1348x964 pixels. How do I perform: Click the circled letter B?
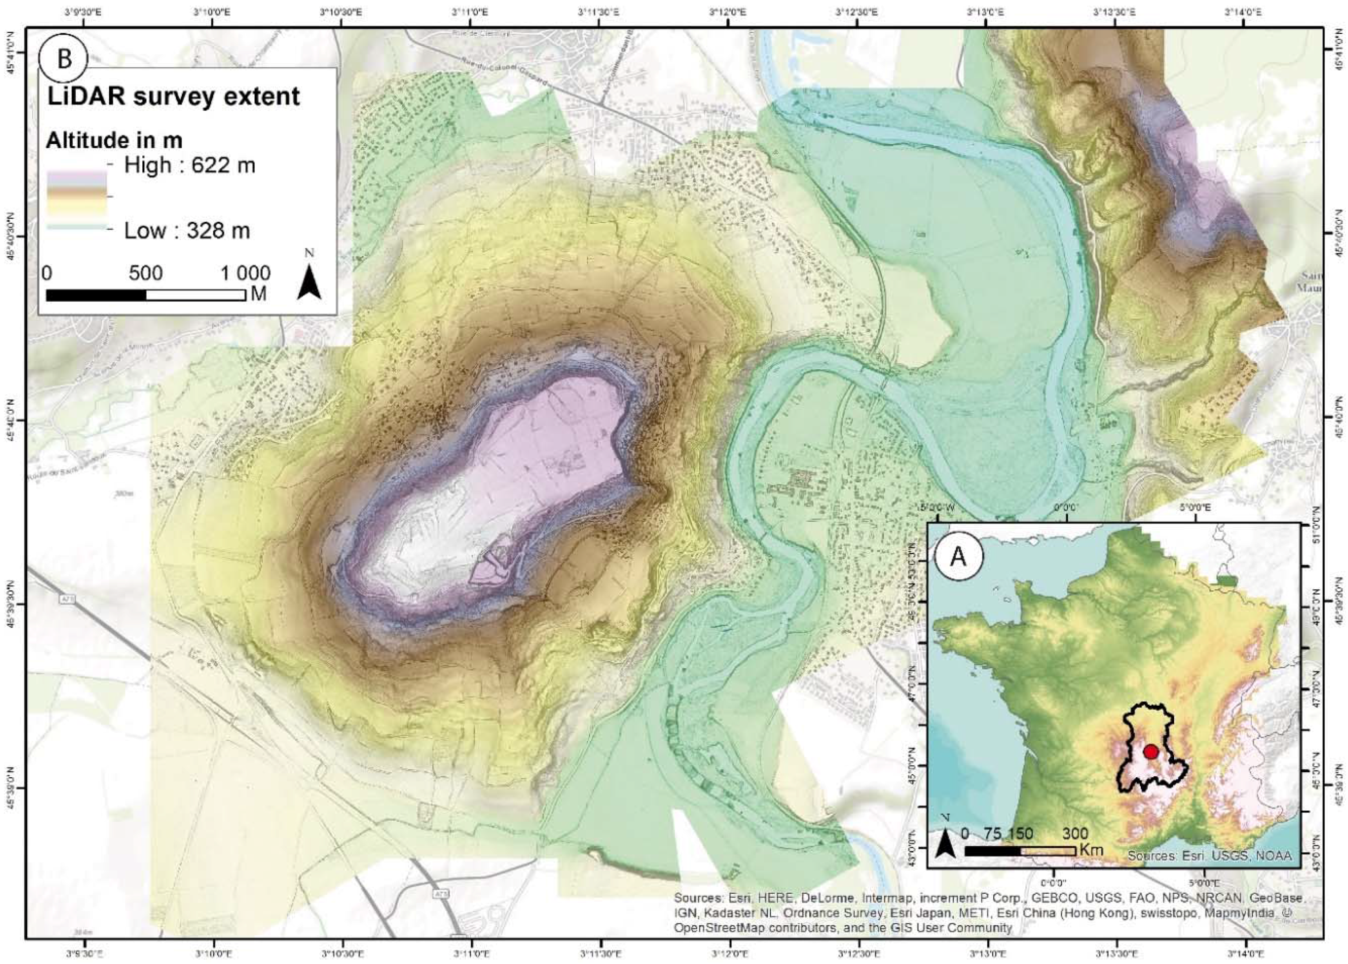coord(63,59)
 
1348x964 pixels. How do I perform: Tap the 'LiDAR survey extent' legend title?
coord(173,97)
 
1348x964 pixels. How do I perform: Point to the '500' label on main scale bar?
coord(146,273)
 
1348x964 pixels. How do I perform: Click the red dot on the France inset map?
coord(1151,751)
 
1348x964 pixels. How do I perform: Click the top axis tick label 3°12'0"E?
coord(728,11)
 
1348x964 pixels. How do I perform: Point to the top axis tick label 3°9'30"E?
coord(84,11)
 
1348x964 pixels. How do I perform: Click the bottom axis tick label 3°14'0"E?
coord(1245,954)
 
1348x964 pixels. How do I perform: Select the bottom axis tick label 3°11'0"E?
coord(472,954)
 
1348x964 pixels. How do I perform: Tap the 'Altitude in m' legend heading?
coord(114,140)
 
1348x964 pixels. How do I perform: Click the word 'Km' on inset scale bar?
coord(1091,850)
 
